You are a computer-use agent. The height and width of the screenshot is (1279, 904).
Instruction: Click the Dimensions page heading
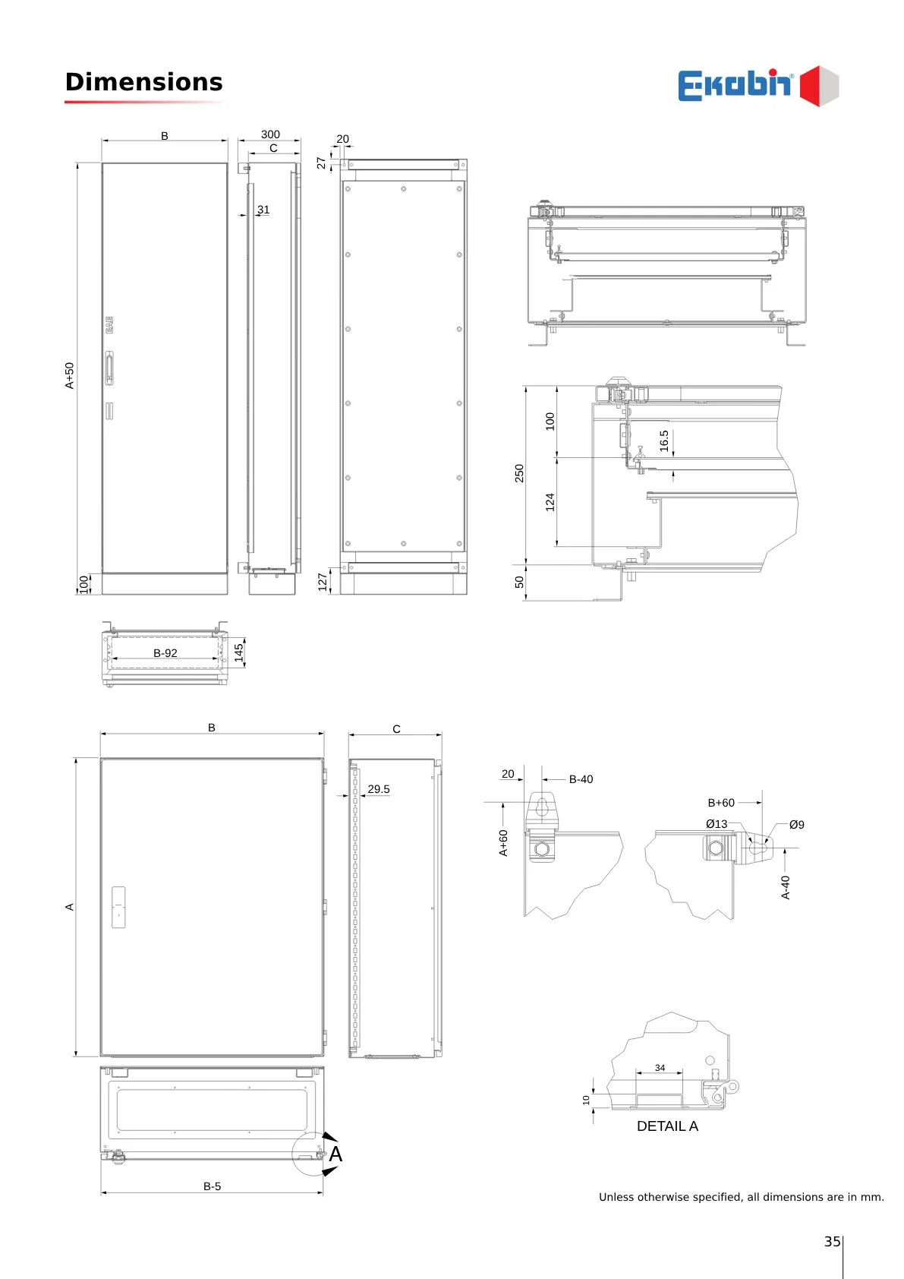[x=144, y=82]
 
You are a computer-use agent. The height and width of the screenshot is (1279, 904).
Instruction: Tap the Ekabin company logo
[x=758, y=85]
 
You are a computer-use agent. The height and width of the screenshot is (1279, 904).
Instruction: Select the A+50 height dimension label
[x=70, y=375]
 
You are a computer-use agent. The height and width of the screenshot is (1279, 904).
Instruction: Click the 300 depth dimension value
[x=270, y=134]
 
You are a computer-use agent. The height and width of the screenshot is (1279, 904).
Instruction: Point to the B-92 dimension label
[x=165, y=653]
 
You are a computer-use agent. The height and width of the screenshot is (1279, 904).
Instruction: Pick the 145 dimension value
[x=239, y=653]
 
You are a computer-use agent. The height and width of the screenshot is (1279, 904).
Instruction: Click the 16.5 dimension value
[x=664, y=441]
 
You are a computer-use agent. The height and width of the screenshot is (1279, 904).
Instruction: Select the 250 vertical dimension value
[x=519, y=473]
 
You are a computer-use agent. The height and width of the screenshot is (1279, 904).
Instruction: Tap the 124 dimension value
[x=550, y=502]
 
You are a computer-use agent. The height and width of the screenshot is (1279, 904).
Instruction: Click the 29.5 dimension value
[x=379, y=789]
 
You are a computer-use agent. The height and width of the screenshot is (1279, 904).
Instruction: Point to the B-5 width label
[x=213, y=1186]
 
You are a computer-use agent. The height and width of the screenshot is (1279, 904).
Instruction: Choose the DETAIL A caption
[x=667, y=1126]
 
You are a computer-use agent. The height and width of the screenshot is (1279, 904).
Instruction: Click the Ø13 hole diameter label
[x=717, y=824]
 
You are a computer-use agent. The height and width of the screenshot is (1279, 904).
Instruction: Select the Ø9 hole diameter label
[x=797, y=825]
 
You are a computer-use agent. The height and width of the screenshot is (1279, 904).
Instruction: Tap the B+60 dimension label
[x=721, y=803]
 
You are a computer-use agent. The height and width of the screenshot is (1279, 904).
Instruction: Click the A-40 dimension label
[x=786, y=888]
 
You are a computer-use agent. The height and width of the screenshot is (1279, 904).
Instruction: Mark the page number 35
[x=833, y=1242]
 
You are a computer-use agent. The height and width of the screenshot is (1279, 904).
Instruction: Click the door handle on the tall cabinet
[x=109, y=368]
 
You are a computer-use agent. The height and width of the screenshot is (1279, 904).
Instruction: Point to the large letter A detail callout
[x=335, y=1154]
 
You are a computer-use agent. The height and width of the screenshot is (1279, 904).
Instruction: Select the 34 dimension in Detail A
[x=660, y=1068]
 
